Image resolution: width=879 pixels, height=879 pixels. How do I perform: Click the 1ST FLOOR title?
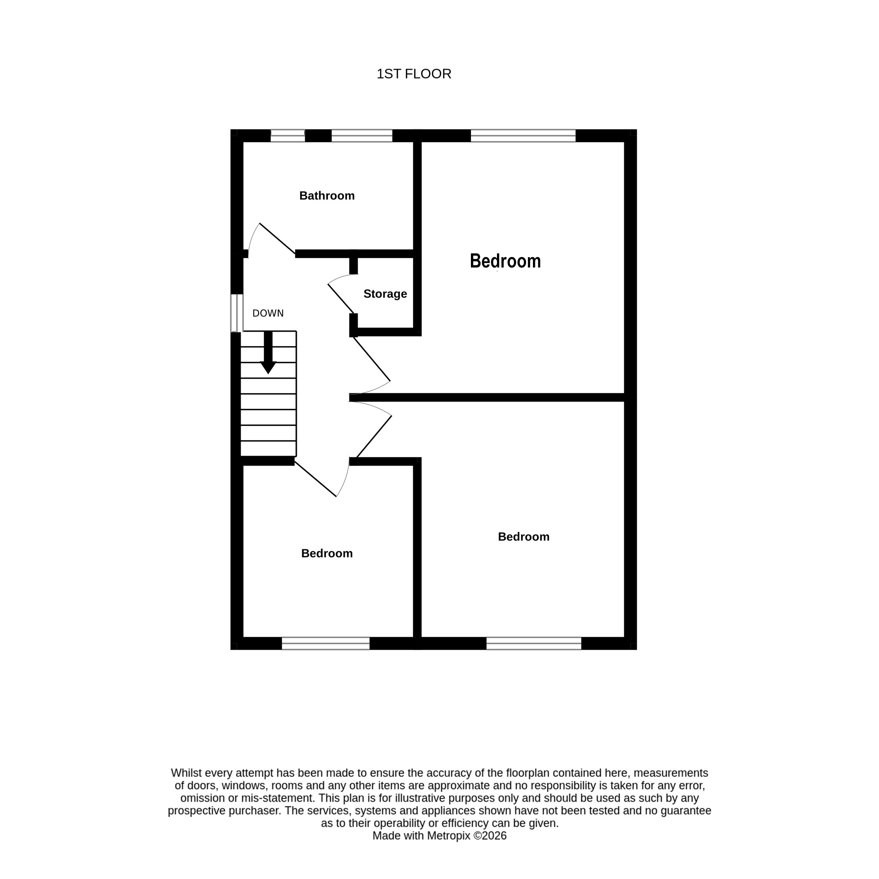[413, 74]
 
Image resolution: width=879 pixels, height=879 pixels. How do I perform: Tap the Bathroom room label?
[327, 196]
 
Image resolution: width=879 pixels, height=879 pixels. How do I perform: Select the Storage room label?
[385, 294]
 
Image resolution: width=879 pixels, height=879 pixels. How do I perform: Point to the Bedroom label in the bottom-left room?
[327, 553]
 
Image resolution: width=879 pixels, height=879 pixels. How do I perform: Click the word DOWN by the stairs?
[268, 313]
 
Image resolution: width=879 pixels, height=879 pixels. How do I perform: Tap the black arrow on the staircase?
[268, 352]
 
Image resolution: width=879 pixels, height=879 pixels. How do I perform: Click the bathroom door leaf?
[277, 238]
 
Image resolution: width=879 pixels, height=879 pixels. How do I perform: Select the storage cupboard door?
[341, 299]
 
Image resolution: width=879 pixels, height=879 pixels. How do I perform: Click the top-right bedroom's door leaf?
[372, 358]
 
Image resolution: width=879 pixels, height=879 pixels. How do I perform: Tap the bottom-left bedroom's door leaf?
[315, 479]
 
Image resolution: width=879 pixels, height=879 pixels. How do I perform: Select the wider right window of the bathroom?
[362, 136]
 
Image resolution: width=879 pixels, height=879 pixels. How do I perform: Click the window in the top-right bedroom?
[523, 136]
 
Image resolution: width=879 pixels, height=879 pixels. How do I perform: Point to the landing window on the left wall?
[236, 313]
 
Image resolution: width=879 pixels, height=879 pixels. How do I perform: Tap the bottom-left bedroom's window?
[325, 643]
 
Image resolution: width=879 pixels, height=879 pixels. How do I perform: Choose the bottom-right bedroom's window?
[534, 643]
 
